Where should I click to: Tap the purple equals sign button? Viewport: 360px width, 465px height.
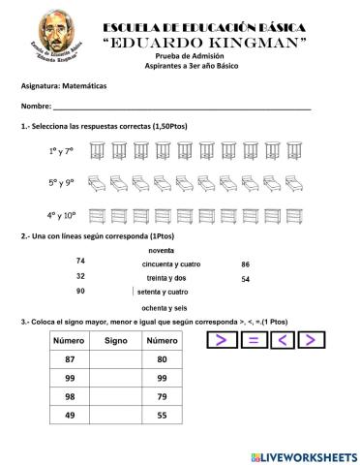click(252, 339)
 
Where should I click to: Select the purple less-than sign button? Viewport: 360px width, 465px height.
click(281, 339)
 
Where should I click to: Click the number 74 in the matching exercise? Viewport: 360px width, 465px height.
click(80, 262)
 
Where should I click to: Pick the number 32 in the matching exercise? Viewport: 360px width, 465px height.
click(80, 276)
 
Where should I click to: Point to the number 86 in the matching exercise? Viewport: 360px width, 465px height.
click(245, 264)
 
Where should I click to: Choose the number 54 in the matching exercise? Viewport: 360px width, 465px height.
click(245, 279)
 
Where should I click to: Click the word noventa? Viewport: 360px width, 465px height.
click(161, 250)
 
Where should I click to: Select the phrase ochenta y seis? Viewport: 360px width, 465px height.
click(164, 307)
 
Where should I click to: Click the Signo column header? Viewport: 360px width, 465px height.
click(115, 341)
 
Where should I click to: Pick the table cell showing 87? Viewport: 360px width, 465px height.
click(69, 359)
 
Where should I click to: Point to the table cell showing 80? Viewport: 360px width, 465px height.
click(161, 359)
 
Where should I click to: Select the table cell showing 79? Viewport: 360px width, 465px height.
click(161, 396)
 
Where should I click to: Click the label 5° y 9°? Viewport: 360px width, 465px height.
click(60, 182)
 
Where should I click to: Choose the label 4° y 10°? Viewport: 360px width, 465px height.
click(61, 215)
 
